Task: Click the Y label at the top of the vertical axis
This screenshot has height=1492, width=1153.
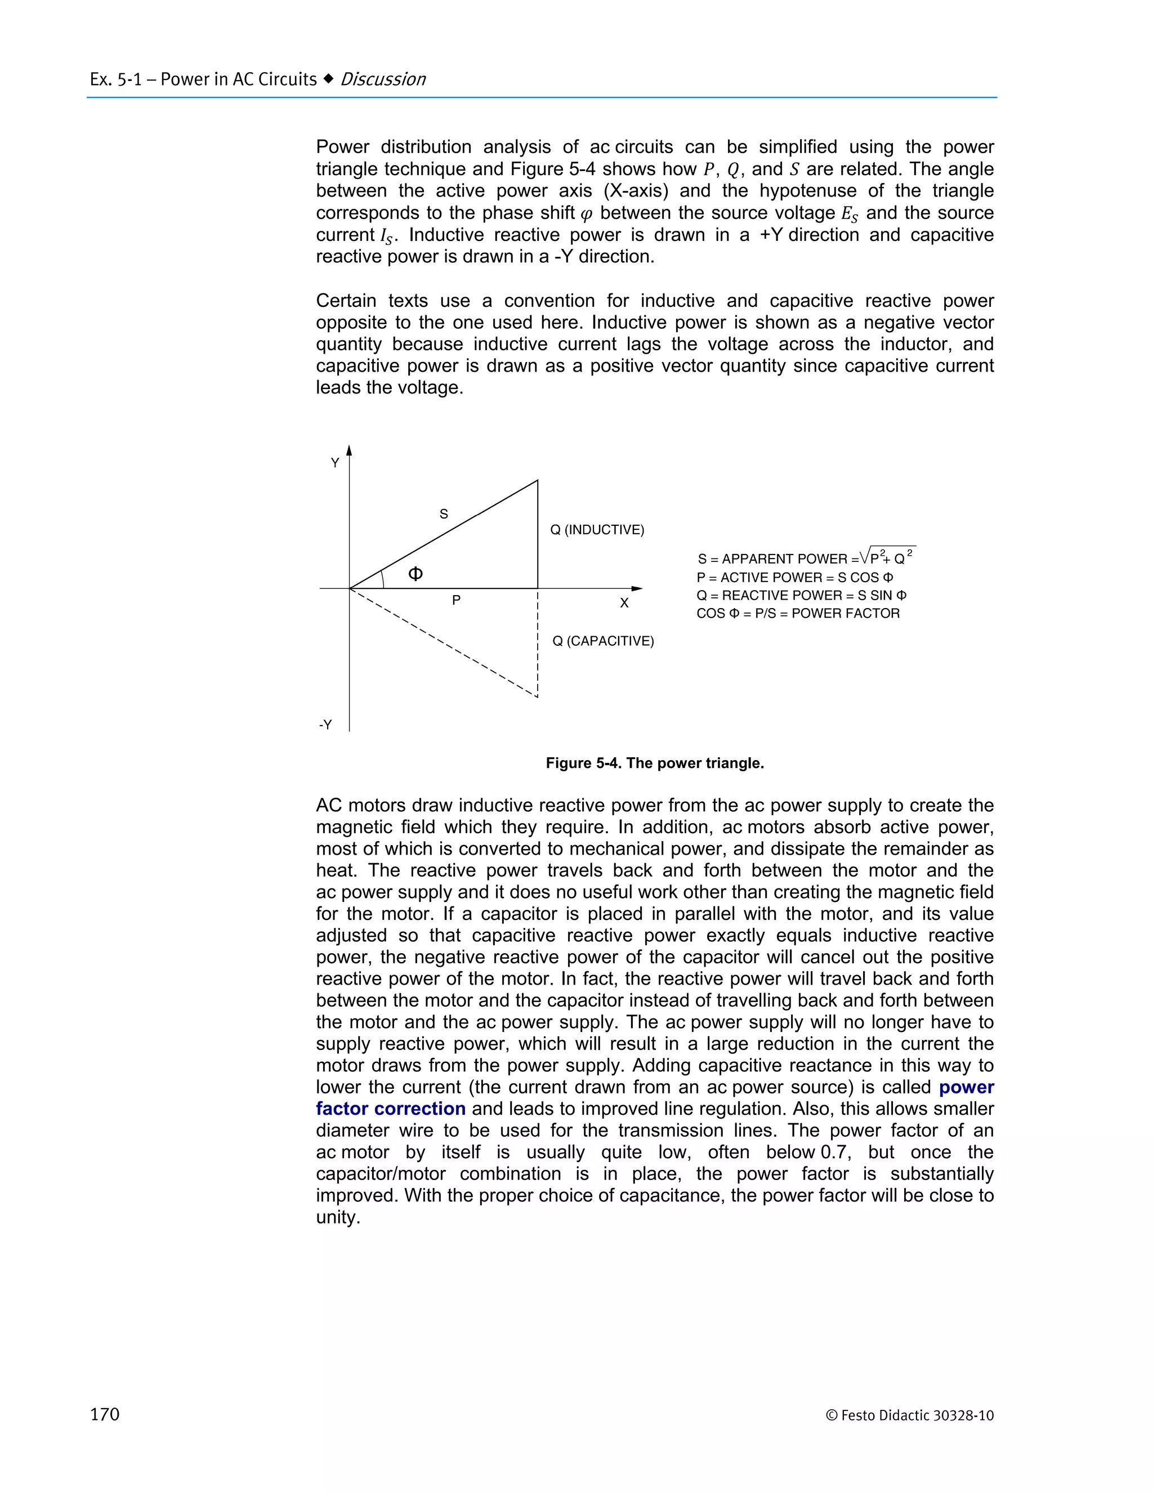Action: tap(335, 463)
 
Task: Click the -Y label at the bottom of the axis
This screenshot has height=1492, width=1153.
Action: tap(325, 725)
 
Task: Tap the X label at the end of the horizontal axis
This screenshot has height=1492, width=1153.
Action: tap(624, 603)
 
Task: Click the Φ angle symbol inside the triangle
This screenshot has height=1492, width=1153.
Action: tap(415, 574)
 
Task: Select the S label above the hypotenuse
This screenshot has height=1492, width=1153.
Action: tap(443, 513)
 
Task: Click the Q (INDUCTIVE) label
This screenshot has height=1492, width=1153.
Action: tap(597, 530)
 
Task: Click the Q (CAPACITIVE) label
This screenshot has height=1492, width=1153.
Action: tap(602, 641)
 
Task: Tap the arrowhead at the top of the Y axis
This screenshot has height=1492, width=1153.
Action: tap(349, 450)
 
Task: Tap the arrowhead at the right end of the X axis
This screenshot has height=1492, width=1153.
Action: tap(637, 588)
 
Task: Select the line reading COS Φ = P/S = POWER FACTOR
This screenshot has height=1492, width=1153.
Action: tap(798, 614)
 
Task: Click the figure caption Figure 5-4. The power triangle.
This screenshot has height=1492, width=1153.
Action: tap(654, 763)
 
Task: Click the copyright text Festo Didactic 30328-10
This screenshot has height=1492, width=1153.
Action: tap(910, 1415)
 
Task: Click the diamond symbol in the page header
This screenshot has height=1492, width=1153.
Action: tap(329, 79)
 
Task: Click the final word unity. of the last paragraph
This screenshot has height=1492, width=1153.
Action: tap(337, 1217)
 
